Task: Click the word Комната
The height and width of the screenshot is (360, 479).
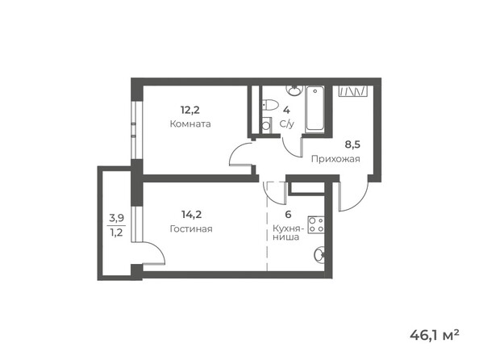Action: pos(190,124)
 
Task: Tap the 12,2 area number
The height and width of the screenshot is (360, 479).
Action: pos(190,110)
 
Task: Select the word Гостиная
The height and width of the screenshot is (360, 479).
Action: pos(191,229)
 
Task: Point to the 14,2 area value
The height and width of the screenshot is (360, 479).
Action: pos(191,214)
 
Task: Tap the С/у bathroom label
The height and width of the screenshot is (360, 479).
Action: pos(286,124)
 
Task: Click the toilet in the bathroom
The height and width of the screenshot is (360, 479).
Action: pos(270,105)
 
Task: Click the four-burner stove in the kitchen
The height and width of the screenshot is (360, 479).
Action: pos(316,225)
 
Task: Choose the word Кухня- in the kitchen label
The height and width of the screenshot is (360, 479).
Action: pos(288,228)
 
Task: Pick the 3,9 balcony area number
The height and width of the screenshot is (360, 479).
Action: pos(118,218)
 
